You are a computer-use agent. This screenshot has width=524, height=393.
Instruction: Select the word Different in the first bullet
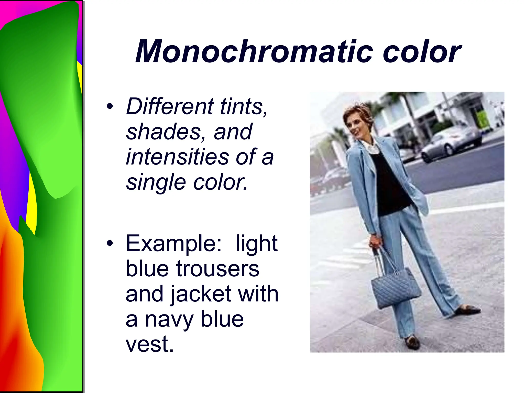[x=170, y=106]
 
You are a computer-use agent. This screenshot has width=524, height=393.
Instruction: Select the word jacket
[x=201, y=294]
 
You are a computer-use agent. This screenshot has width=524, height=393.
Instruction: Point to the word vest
[x=149, y=344]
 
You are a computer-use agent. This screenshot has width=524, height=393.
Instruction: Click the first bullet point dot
[x=110, y=106]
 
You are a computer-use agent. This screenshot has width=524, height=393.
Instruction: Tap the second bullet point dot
[x=110, y=244]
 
